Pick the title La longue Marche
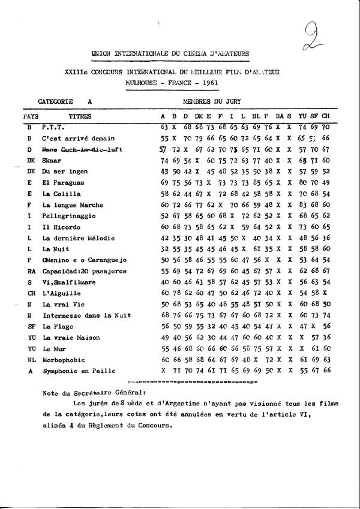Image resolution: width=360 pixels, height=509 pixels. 70,204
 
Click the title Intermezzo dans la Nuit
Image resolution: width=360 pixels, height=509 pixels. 84,315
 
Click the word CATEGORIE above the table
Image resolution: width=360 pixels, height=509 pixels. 55,103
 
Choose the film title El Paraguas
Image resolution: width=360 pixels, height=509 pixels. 64,182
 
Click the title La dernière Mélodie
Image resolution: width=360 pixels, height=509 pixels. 78,238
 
